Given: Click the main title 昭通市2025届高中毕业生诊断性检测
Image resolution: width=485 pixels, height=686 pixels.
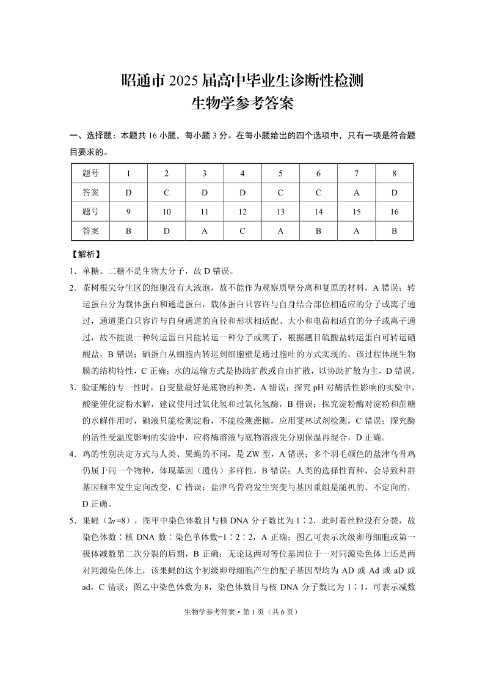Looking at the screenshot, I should [x=242, y=80].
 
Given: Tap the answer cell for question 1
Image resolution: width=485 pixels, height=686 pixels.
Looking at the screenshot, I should [x=128, y=192].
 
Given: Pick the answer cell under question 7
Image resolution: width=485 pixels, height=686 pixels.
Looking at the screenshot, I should [x=356, y=192].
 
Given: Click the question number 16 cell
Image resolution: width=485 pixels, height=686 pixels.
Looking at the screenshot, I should [x=394, y=212].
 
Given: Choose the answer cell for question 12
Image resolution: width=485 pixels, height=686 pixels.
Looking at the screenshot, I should [x=242, y=232].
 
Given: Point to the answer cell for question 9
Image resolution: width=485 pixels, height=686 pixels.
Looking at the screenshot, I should [x=128, y=232].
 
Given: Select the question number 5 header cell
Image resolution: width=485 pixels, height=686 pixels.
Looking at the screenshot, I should [x=280, y=173].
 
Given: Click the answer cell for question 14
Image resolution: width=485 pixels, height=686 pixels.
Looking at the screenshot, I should [x=318, y=232].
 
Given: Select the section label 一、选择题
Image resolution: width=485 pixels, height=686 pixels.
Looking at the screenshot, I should [x=90, y=135].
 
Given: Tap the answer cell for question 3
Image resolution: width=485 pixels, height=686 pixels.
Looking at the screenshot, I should [x=205, y=192].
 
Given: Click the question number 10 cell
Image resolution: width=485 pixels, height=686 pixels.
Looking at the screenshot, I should [x=166, y=212].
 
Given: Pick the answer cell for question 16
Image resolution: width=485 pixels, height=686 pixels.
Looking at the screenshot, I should [x=394, y=232].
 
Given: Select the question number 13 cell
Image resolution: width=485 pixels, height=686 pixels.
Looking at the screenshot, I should [x=280, y=212].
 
